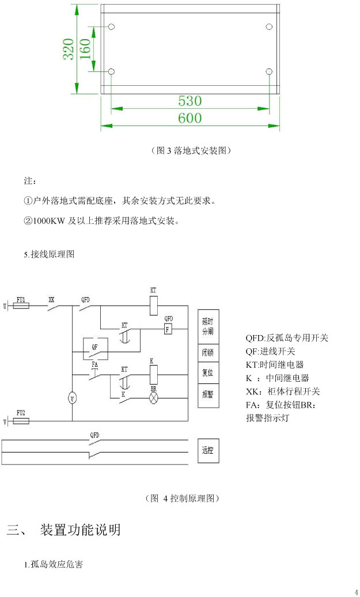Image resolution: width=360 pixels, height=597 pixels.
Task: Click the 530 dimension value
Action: point(190,101)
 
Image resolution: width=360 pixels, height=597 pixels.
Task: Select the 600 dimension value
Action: point(190,118)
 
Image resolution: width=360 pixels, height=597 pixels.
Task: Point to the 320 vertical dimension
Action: point(68,50)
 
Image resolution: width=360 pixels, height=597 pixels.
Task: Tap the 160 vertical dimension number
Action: point(85,50)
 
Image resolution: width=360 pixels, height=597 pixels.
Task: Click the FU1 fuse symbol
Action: point(21,306)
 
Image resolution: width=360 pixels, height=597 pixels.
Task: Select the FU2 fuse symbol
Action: point(21,421)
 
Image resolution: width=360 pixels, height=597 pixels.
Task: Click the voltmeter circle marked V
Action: point(72,398)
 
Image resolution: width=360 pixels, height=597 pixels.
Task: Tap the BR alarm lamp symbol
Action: point(154,398)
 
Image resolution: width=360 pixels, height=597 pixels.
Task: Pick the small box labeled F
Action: point(168,329)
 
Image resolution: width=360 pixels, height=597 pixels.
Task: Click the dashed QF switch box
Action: point(94,347)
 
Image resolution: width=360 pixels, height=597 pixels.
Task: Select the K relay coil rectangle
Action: point(153,375)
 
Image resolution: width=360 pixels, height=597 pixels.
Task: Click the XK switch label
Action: point(51,299)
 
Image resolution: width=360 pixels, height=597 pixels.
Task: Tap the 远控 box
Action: point(207,451)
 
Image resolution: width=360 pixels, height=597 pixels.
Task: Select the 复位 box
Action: point(207,373)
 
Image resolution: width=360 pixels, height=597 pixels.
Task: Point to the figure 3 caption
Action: point(190,151)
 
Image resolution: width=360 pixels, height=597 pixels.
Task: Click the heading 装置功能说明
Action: point(80,530)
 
